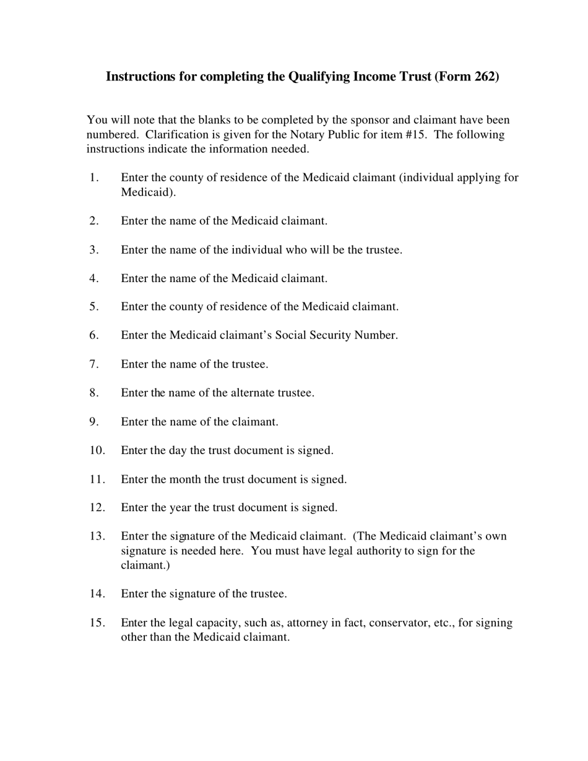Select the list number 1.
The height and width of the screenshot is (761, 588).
coord(93,178)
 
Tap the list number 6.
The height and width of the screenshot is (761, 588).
coord(93,335)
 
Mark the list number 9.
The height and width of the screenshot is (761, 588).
coord(93,422)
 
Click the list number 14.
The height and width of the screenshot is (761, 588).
coord(97,594)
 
